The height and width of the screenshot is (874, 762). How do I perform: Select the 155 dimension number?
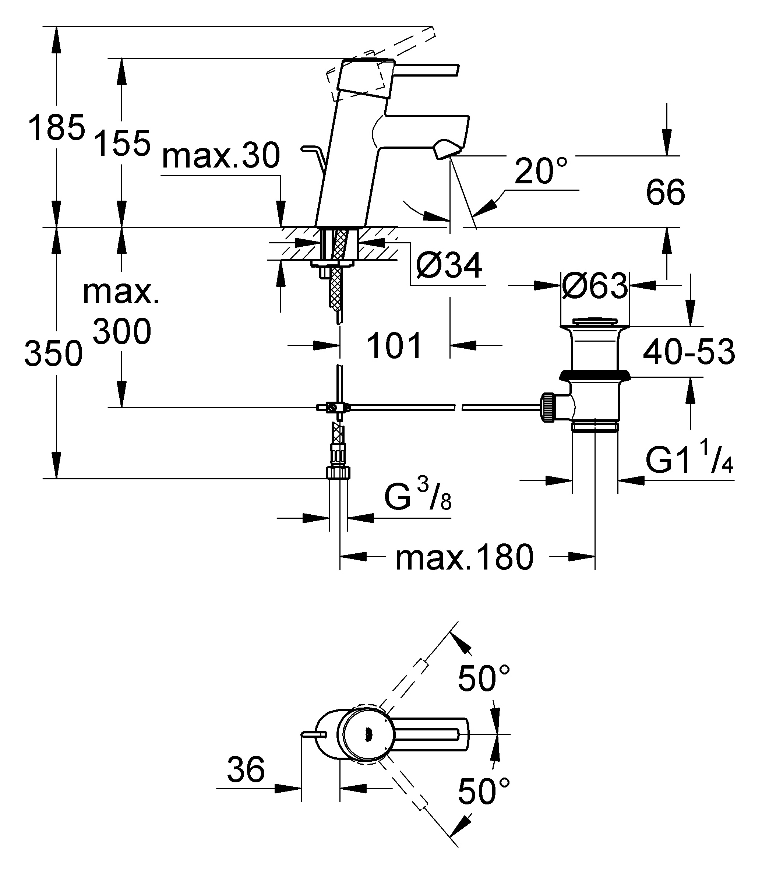[x=122, y=143]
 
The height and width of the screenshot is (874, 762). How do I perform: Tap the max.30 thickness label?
[x=221, y=156]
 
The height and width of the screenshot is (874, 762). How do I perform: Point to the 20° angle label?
[x=541, y=170]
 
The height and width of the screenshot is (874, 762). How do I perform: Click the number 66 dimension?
[x=666, y=192]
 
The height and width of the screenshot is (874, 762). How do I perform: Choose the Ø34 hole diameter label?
[x=449, y=265]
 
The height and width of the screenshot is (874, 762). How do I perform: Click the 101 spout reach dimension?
[x=394, y=346]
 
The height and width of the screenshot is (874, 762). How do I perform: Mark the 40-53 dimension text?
[x=689, y=352]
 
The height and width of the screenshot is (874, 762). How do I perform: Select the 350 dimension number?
[x=54, y=354]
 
